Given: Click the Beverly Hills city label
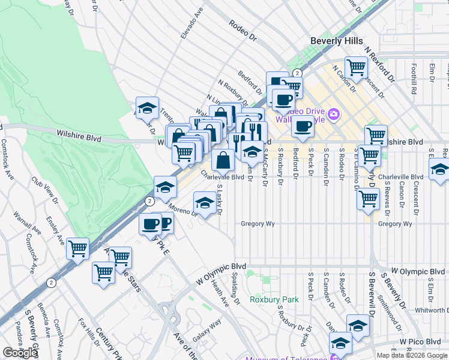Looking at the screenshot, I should pos(336,41).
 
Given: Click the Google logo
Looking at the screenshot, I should pos(20,353).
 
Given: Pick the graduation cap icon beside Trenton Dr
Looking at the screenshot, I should pos(147,108).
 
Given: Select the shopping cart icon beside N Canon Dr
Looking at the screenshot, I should pos(356,68).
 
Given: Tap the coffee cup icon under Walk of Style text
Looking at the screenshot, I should pos(303,126).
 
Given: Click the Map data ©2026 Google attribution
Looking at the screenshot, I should pos(412,355).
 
